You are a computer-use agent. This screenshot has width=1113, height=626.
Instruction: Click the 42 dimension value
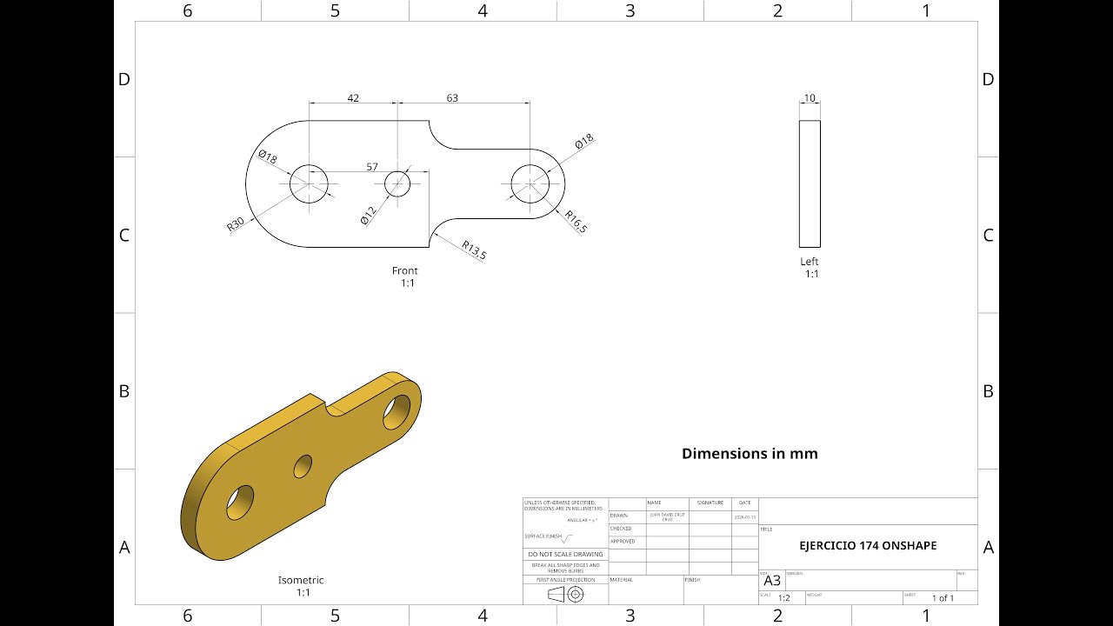click(x=353, y=98)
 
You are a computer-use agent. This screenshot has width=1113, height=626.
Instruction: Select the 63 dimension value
click(x=452, y=98)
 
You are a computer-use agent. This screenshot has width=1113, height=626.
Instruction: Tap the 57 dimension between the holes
click(x=372, y=167)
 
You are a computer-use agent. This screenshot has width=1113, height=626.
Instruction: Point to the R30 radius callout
click(x=236, y=223)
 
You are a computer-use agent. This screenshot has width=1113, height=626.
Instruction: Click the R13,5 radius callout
click(x=474, y=250)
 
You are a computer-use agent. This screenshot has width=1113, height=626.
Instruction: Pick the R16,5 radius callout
click(x=576, y=222)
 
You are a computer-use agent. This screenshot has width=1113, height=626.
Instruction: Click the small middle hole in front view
click(x=397, y=183)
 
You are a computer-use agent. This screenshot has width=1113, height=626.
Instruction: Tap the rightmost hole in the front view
click(x=530, y=183)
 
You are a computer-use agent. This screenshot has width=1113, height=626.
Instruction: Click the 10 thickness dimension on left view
click(x=810, y=98)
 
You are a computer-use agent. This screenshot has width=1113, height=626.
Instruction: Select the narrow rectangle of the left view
click(x=810, y=183)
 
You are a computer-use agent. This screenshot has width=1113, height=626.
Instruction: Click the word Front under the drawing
click(x=404, y=270)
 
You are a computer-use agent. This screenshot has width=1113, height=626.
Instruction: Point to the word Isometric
click(x=301, y=580)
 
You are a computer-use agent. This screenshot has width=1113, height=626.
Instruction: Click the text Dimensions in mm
click(x=750, y=453)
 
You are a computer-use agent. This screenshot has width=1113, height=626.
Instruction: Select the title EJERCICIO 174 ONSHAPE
click(x=868, y=546)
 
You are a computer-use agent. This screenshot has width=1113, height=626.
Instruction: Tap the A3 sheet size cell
click(x=772, y=581)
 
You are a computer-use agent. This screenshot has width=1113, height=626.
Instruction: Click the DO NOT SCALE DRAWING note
click(x=565, y=554)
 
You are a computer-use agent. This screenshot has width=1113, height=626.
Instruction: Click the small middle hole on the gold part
click(x=303, y=467)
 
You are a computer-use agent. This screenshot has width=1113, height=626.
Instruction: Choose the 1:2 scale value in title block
click(x=783, y=598)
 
